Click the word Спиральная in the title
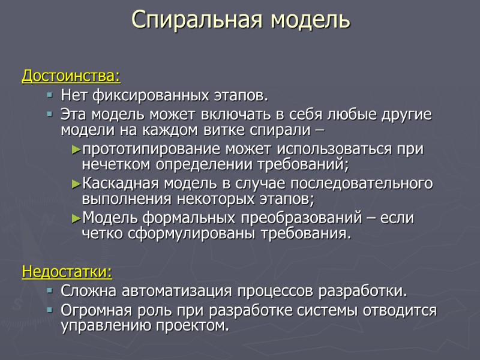point(197,20)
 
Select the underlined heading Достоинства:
point(71,77)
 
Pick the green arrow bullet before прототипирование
point(76,149)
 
